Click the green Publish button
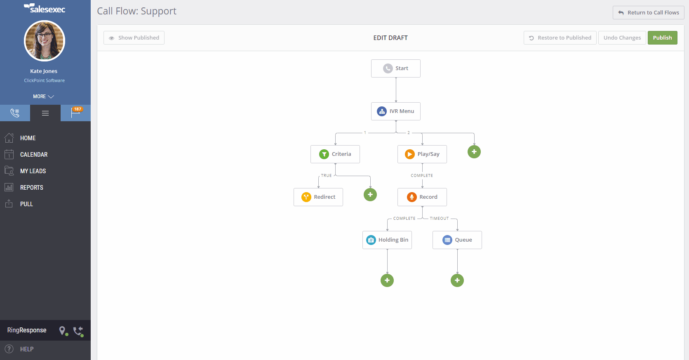click(662, 38)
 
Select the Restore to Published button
click(560, 38)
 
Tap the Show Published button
click(134, 38)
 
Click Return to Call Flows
click(649, 13)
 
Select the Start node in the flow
click(395, 68)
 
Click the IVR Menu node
click(395, 111)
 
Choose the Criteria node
click(335, 154)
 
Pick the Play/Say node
click(422, 154)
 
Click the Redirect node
click(318, 197)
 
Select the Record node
click(422, 197)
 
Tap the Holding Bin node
click(387, 240)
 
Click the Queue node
click(457, 240)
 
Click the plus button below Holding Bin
click(387, 280)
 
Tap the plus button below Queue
click(457, 280)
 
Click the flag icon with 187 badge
click(76, 113)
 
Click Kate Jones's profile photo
click(45, 41)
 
